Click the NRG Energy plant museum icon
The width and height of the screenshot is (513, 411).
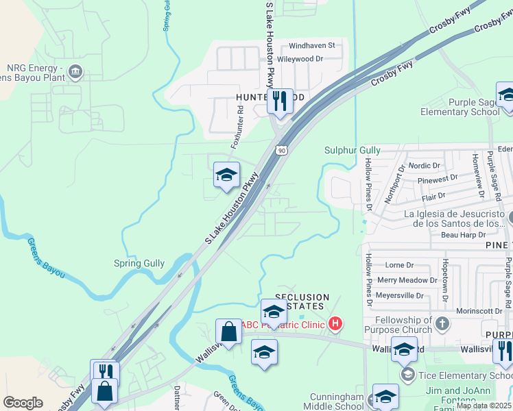76,71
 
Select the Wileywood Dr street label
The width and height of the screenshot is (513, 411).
309,60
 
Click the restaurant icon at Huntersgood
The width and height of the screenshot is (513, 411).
279,101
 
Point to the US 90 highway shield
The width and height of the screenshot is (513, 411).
281,149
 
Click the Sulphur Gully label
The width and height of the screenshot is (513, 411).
352,150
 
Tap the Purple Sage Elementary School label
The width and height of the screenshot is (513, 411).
460,108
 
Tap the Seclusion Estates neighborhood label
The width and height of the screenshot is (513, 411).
302,302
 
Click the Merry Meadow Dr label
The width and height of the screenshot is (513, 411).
407,280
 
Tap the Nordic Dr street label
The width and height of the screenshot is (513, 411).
424,166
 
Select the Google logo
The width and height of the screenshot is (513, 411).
23,403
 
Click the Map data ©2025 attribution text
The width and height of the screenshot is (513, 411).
484,406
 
